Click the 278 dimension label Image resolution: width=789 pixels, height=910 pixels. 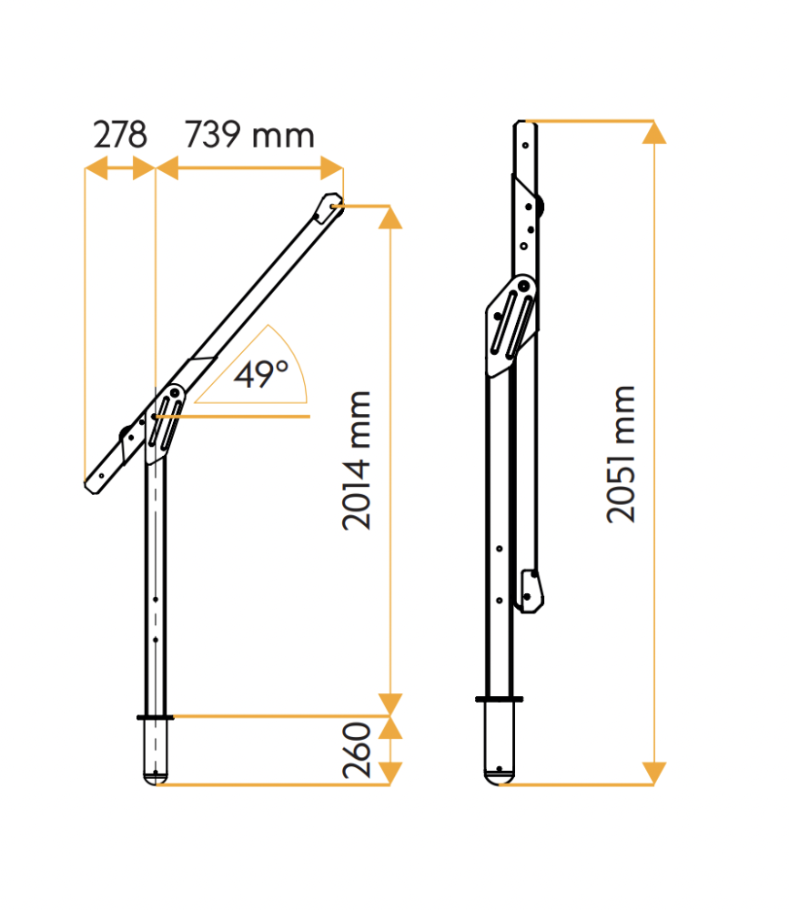click(120, 135)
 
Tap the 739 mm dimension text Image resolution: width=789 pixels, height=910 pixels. click(249, 135)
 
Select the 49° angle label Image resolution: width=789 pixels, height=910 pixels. click(260, 374)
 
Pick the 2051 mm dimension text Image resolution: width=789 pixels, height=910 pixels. click(621, 454)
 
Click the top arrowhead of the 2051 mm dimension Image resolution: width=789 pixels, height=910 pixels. click(654, 132)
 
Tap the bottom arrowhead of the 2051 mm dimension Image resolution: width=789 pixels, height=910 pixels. click(654, 773)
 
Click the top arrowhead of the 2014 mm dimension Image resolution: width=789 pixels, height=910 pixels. click(390, 217)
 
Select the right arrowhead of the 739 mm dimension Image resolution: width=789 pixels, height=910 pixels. click(331, 168)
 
